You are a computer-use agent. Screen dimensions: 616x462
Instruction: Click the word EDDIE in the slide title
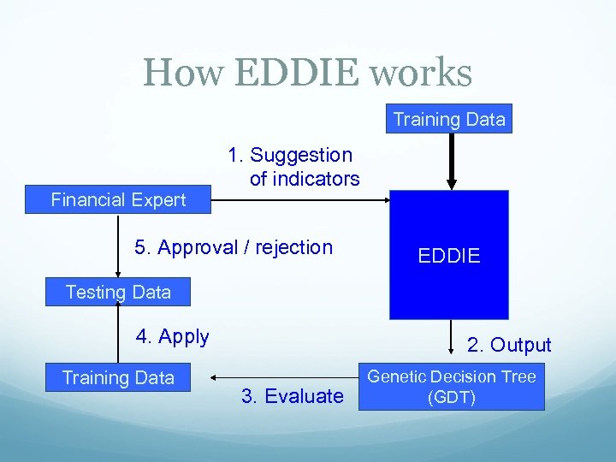pyautogui.click(x=293, y=73)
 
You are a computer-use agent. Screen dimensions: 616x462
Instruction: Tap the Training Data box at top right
pyautogui.click(x=449, y=119)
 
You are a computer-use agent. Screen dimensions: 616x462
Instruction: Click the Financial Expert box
pyautogui.click(x=118, y=200)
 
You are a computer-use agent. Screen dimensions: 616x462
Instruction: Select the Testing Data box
pyautogui.click(x=118, y=292)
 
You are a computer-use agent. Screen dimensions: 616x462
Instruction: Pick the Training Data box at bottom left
pyautogui.click(x=118, y=377)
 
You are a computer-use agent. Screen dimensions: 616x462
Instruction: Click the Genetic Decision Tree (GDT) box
pyautogui.click(x=451, y=387)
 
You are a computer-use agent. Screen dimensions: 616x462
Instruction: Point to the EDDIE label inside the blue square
pyautogui.click(x=449, y=256)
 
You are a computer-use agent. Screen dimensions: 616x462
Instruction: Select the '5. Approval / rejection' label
pyautogui.click(x=234, y=247)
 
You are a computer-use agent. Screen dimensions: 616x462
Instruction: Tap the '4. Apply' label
pyautogui.click(x=172, y=336)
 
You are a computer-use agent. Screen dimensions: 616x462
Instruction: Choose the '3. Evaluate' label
pyautogui.click(x=292, y=395)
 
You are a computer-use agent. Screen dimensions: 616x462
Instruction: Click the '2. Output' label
pyautogui.click(x=509, y=345)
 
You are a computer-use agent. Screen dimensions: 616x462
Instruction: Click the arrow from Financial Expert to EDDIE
pyautogui.click(x=299, y=200)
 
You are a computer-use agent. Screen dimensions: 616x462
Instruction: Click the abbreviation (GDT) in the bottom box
pyautogui.click(x=451, y=398)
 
